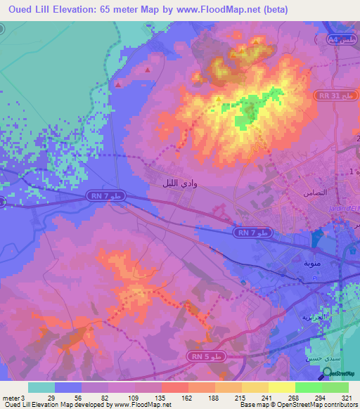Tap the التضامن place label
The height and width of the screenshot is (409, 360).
[314, 192]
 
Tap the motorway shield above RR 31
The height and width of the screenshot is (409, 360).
[340, 40]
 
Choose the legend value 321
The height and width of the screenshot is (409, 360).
[336, 398]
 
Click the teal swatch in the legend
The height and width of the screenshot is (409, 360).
[41, 387]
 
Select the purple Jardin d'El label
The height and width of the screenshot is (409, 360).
[344, 208]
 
